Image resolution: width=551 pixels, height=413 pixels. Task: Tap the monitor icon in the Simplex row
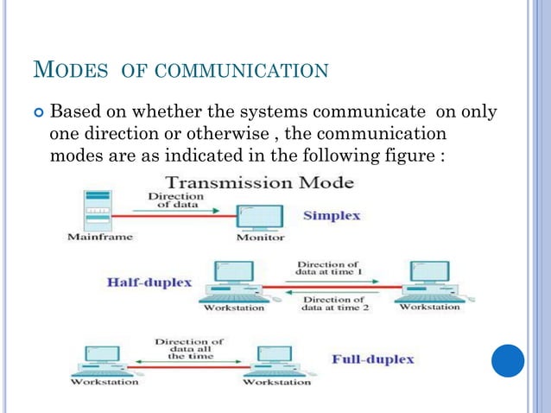click(259, 217)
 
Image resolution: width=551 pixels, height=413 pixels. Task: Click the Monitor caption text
click(259, 237)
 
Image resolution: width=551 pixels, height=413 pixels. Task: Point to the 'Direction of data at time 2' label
click(332, 303)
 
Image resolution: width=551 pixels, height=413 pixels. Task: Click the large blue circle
click(508, 360)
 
